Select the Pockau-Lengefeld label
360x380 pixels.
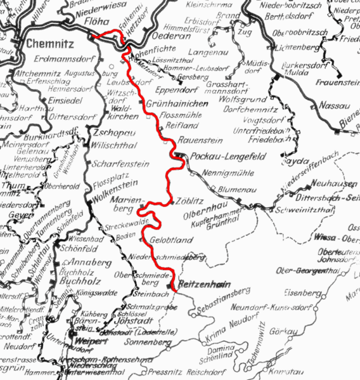(219, 156)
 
